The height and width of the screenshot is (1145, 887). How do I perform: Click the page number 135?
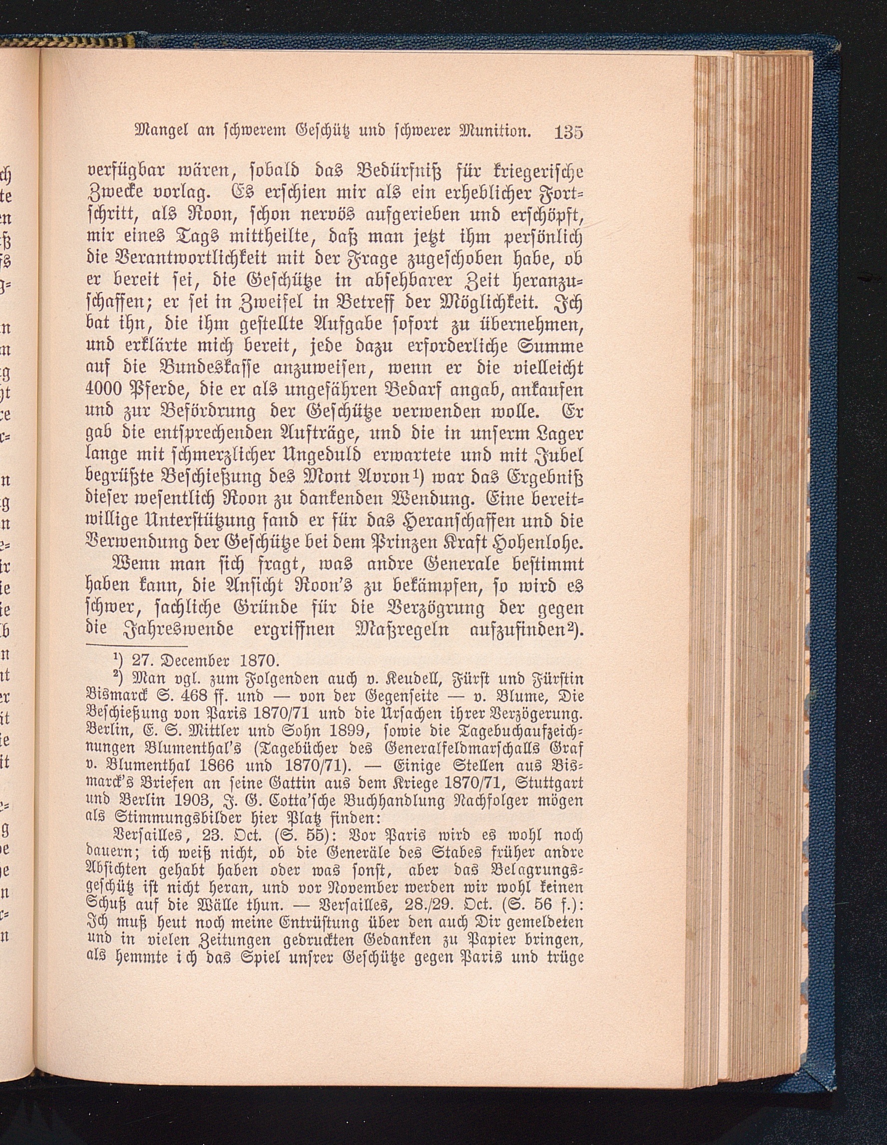[x=568, y=131]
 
